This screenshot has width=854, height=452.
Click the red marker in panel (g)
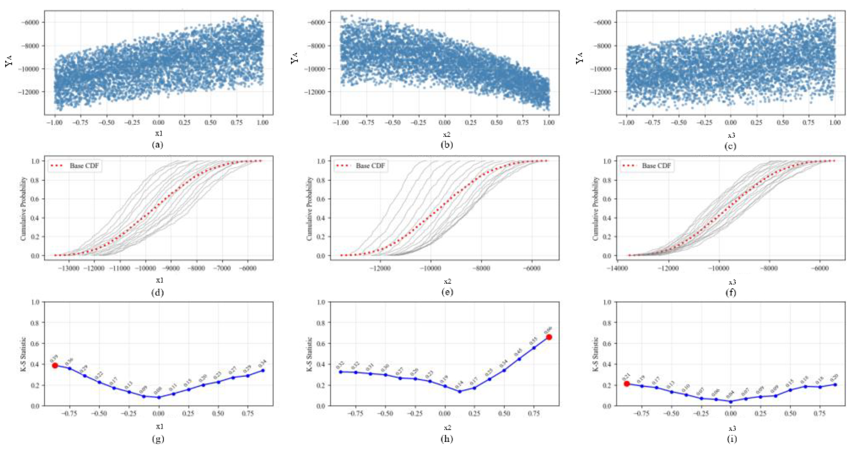(x=55, y=365)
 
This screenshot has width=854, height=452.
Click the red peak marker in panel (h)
(x=549, y=337)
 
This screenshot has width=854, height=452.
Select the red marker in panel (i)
(x=627, y=384)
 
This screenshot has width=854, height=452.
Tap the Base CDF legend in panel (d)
(x=75, y=166)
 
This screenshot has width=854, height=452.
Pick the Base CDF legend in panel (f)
(x=647, y=166)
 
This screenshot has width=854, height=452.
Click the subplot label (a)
(x=157, y=145)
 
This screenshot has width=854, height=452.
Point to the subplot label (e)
(x=447, y=292)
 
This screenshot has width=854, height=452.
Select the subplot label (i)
(x=732, y=439)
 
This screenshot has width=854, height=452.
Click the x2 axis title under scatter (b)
(x=447, y=135)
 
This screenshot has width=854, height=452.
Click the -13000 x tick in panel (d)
(x=69, y=268)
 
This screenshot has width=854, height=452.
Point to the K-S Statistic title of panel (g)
(x=23, y=354)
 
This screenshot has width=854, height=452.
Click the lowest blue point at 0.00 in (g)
(x=159, y=397)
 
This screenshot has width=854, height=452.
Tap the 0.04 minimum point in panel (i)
(x=731, y=402)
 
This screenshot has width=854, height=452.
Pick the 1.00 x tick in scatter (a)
(x=262, y=122)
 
